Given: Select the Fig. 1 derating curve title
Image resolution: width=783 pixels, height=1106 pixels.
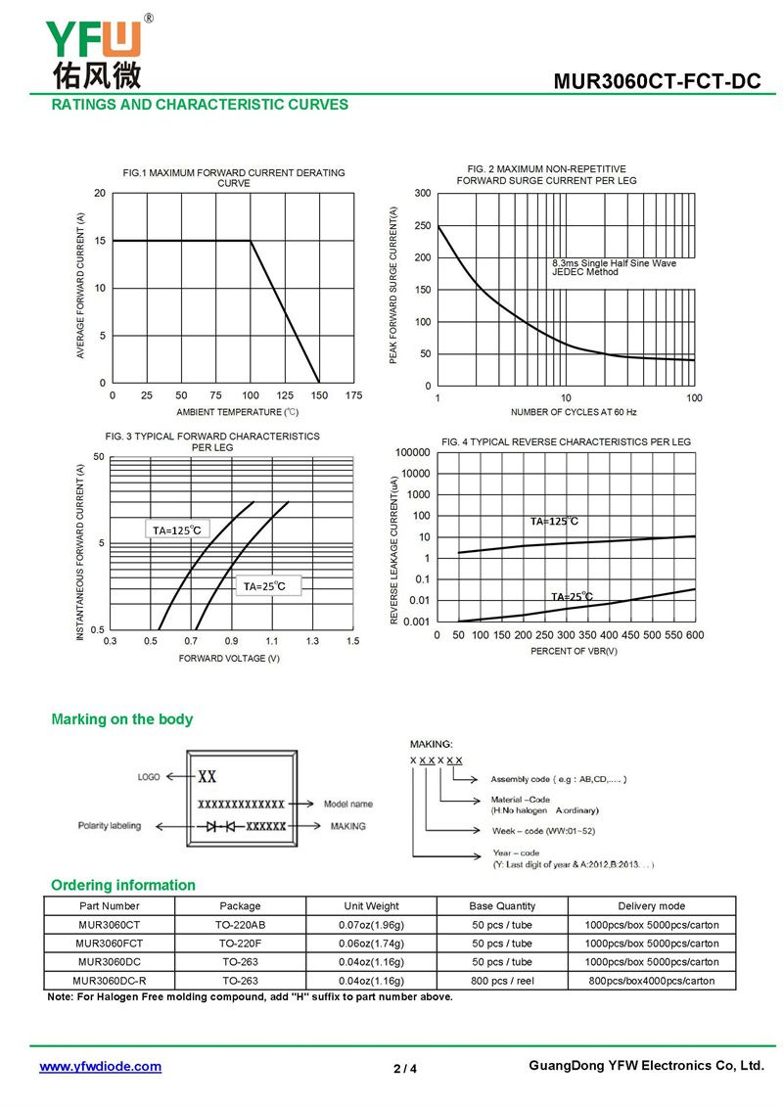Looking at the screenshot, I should click(x=234, y=178).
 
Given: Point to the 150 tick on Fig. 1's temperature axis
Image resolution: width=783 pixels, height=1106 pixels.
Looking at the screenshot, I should click(x=319, y=395).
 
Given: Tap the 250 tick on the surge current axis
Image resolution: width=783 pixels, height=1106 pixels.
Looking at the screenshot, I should click(x=422, y=226).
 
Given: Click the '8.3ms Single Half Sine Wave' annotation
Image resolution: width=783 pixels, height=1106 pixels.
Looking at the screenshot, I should click(x=614, y=263).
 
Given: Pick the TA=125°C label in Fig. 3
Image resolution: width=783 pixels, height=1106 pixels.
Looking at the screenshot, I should click(x=176, y=530).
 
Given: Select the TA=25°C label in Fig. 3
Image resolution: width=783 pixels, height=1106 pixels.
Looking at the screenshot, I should click(x=264, y=586).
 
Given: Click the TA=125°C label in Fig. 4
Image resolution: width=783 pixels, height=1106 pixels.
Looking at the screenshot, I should click(x=554, y=522).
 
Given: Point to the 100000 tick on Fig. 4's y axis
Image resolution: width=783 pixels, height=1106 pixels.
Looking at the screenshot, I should click(x=412, y=453).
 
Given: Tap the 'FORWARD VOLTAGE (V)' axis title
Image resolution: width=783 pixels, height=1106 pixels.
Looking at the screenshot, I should click(x=229, y=658).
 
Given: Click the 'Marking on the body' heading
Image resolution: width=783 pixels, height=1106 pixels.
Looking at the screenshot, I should click(x=122, y=719).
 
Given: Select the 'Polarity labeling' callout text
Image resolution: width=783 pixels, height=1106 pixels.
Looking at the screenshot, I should click(x=110, y=826).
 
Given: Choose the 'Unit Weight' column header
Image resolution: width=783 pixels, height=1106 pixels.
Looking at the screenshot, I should click(x=372, y=906).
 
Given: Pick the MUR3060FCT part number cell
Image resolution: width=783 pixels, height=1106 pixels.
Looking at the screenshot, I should click(x=110, y=944).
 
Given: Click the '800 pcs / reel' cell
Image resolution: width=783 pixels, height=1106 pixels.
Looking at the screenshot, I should click(x=502, y=980).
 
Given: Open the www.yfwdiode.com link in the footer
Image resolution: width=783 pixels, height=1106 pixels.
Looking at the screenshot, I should click(x=100, y=1067).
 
